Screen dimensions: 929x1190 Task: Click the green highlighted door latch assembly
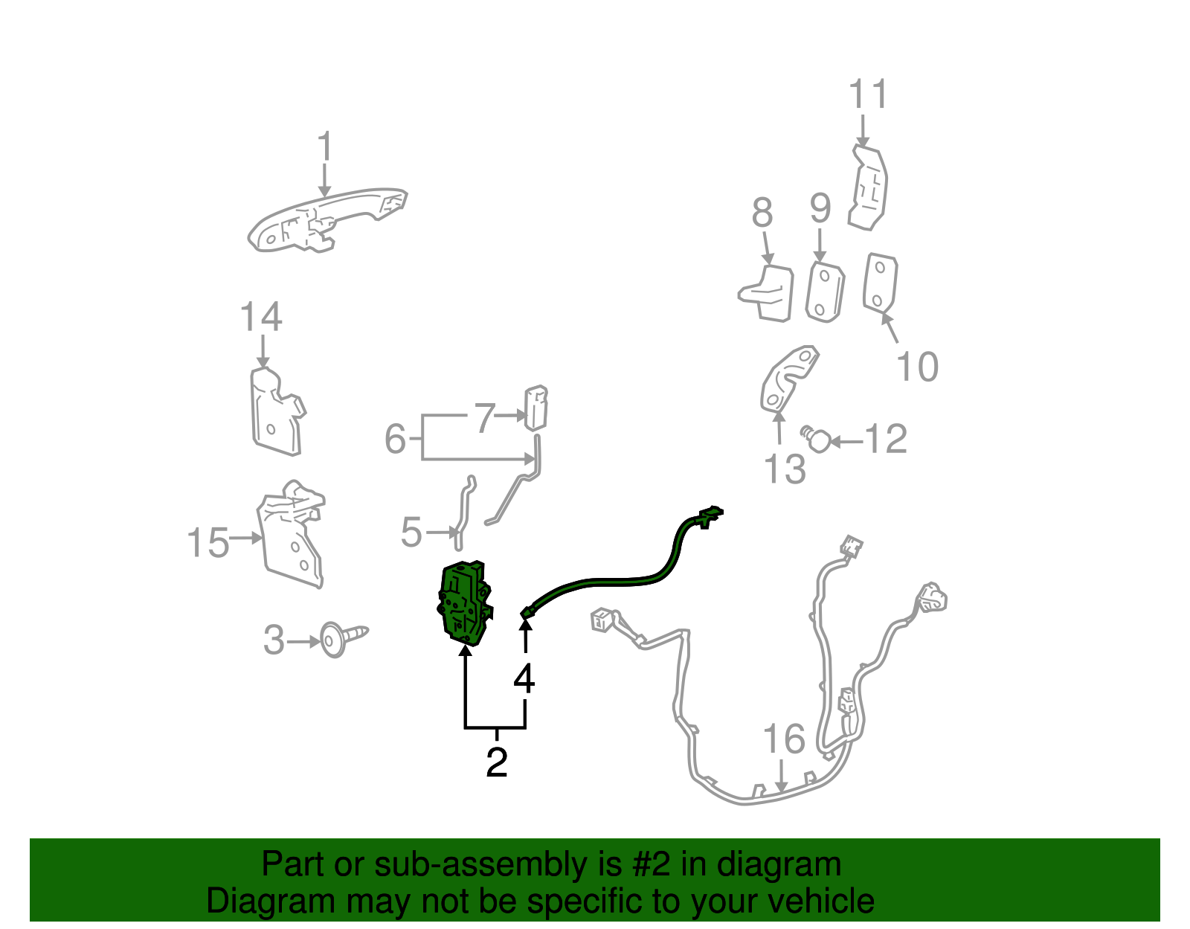[x=463, y=602]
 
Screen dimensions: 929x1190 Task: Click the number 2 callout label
[x=496, y=762]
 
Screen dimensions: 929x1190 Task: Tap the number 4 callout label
[x=524, y=678]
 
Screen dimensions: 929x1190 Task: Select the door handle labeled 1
[x=327, y=219]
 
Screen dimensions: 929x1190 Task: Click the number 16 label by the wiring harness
[x=784, y=739]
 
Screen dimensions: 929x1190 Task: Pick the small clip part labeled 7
[x=535, y=408]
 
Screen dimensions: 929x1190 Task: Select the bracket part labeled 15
[x=292, y=536]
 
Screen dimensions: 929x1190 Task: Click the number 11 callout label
[x=868, y=95]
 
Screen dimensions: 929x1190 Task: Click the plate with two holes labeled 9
[x=824, y=292]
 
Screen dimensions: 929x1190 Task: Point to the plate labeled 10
[x=880, y=282]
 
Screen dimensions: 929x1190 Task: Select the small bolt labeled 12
[x=817, y=440]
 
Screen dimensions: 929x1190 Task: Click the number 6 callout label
[x=395, y=439]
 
